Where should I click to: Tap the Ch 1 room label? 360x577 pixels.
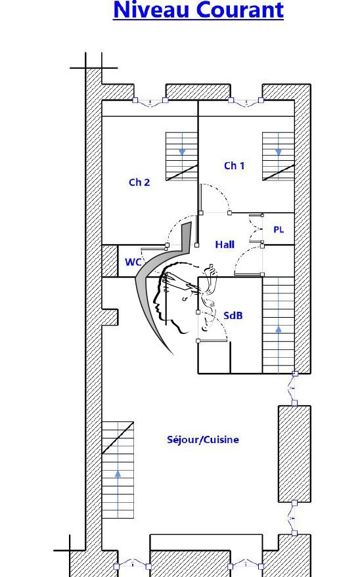[234, 165]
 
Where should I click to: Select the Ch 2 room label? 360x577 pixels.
[139, 182]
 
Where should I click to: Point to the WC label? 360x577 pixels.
[133, 262]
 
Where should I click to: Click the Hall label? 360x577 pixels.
[225, 244]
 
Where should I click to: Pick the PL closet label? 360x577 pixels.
[279, 230]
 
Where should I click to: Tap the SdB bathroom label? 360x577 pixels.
[233, 315]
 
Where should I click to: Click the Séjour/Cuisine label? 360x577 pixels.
[203, 439]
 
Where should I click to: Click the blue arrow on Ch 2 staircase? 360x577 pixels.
[182, 152]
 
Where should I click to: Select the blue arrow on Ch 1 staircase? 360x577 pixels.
[279, 152]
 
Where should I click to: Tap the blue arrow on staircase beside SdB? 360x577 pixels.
[279, 329]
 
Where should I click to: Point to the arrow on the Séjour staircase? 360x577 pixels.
[118, 474]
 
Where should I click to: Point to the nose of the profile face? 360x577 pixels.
[156, 305]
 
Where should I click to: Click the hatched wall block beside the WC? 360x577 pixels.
[110, 261]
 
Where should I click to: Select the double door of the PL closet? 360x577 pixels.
[257, 229]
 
